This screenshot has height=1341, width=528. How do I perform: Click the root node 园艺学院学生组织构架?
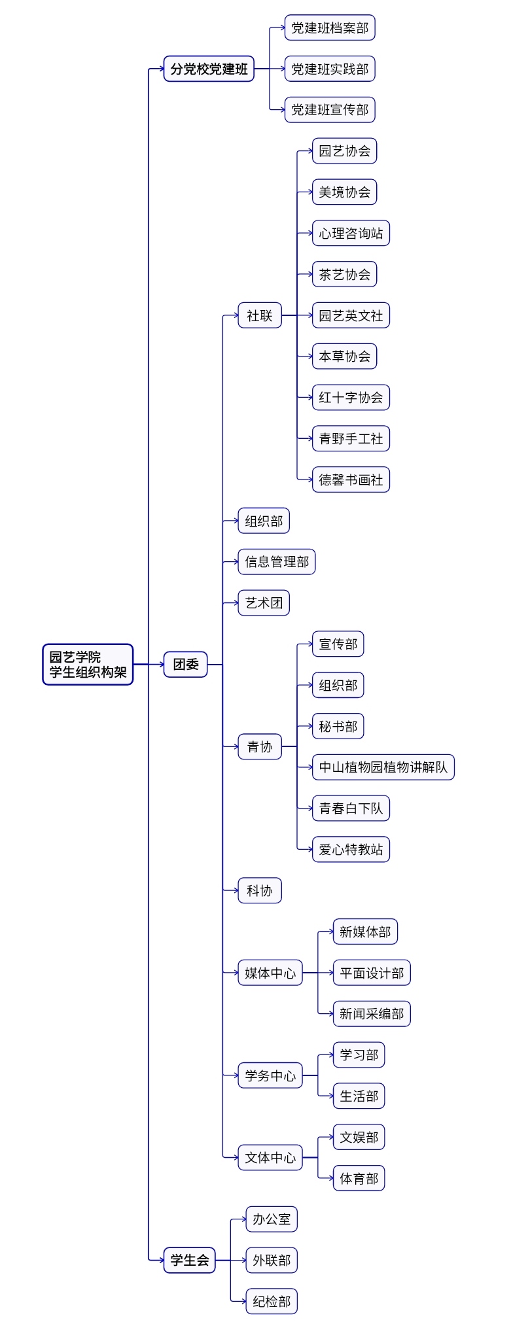tap(88, 665)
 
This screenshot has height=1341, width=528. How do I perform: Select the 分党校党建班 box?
tap(209, 69)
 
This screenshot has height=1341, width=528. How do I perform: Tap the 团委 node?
tap(185, 665)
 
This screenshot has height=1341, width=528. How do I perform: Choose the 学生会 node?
tap(189, 1260)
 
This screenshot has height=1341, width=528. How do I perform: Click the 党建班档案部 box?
tap(330, 28)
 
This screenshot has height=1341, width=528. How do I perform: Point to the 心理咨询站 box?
tap(351, 234)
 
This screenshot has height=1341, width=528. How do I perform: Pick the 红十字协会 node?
tap(351, 398)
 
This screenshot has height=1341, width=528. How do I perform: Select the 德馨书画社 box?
tap(351, 479)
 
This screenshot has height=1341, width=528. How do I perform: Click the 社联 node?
tap(260, 315)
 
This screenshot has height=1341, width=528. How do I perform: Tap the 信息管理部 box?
tap(277, 562)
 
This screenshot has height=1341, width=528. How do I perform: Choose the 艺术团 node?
tap(264, 603)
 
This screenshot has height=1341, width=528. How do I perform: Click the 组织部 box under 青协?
tap(338, 686)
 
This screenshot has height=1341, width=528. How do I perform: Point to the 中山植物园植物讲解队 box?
tap(383, 767)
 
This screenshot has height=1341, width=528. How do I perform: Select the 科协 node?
tap(260, 890)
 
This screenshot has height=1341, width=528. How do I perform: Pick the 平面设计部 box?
tap(372, 973)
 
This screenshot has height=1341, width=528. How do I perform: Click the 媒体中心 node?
tap(270, 973)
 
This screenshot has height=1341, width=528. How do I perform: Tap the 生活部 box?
tap(359, 1096)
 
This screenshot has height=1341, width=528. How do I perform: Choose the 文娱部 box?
tap(359, 1138)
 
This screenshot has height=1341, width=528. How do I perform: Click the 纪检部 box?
tap(272, 1301)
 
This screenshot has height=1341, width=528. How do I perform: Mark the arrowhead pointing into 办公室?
tap(243, 1219)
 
